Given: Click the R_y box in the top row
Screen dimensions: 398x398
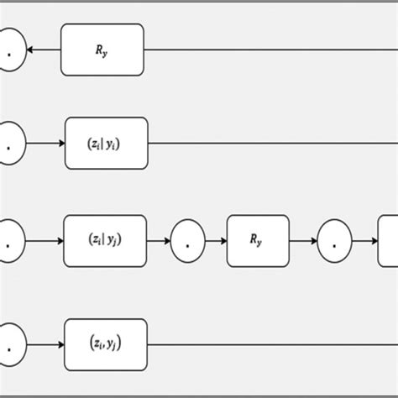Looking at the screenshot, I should point(102,50).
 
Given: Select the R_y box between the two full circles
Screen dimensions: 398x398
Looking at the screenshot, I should point(258,241).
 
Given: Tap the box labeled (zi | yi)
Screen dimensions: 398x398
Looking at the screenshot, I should point(106,143).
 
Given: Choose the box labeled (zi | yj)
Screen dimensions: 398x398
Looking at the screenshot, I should point(106,241).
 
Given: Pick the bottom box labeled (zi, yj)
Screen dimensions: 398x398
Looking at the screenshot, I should point(106,344).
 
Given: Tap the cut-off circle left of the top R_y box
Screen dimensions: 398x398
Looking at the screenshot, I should point(10,50).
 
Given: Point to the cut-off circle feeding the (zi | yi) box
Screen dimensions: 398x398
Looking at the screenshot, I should point(10,143).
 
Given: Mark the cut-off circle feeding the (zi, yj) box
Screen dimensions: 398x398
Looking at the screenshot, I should point(10,344).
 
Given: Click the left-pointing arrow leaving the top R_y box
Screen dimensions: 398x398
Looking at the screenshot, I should point(44,50).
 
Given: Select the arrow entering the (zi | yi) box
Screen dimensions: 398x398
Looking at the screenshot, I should point(45,143).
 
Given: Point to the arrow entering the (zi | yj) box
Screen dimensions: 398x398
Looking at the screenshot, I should point(45,241).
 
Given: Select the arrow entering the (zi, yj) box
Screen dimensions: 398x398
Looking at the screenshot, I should point(45,344).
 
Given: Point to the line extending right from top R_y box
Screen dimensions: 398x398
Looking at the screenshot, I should point(269,50).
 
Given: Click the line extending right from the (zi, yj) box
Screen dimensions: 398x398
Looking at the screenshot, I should point(269,344).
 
